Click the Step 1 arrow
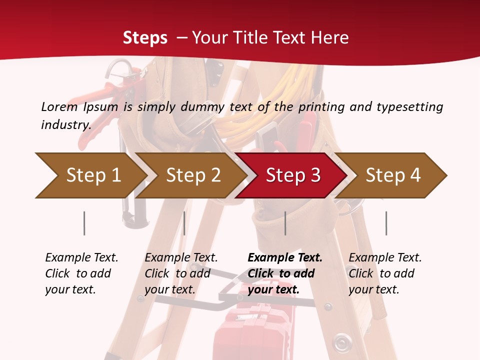coord(92,175)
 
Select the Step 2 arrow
coord(192,175)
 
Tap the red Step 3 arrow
coord(292,175)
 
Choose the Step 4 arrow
coord(392,175)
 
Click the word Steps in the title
coord(145,38)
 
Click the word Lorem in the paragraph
coord(59,106)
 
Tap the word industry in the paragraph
coord(65,124)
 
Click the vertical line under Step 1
coord(84,223)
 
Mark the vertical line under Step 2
coord(184,223)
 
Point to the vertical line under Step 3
coord(285,223)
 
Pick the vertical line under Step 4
coord(386,223)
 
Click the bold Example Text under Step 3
coord(285,258)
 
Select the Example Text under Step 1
coord(81,258)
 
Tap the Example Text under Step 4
coord(385,258)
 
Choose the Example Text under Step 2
coord(181,258)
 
